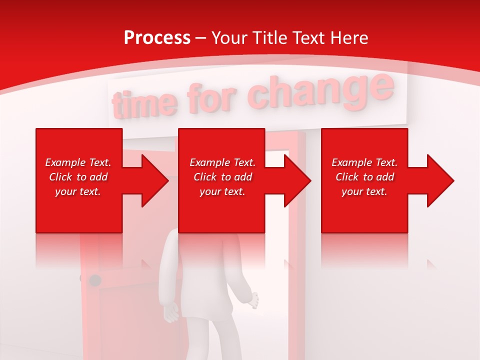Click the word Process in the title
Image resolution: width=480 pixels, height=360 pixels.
(x=157, y=38)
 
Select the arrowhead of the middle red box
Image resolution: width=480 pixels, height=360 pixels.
(x=297, y=180)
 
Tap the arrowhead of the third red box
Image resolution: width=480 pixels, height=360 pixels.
(x=440, y=180)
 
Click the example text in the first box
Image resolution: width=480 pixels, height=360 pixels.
(x=78, y=177)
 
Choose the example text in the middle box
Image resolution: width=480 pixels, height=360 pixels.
(x=222, y=177)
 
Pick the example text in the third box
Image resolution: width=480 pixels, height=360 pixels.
(x=364, y=177)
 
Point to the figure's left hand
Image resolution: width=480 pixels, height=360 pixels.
(x=171, y=314)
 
